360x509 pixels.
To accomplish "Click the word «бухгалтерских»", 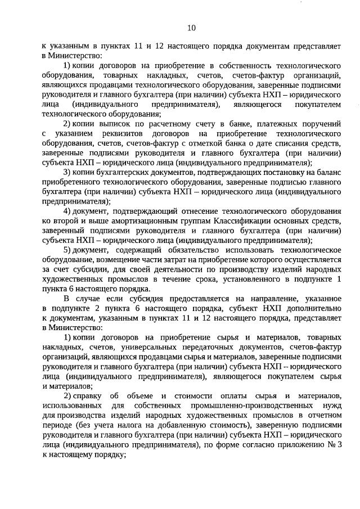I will [x=114, y=172].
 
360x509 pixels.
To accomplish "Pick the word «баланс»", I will [x=327, y=172].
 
